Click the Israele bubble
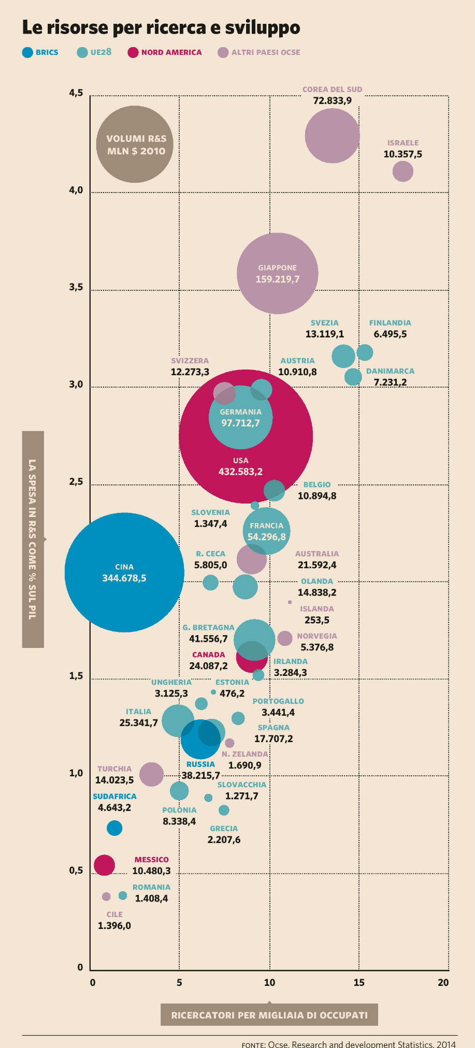point(402,171)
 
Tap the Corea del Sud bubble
point(332,136)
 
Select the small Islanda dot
point(290,602)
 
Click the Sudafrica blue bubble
point(114,828)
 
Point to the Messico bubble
point(104,865)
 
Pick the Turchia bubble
point(151,774)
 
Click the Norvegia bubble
point(284,638)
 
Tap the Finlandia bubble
point(365,352)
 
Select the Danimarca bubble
point(353,377)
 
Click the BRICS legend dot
point(27,52)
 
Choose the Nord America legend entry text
point(171,52)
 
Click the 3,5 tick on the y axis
point(76,287)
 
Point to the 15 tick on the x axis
point(358,982)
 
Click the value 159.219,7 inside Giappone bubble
point(277,279)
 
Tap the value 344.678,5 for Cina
point(124,578)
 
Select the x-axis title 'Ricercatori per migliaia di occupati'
point(269,1015)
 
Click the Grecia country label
point(224,829)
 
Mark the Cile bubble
point(106,896)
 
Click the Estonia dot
point(213,692)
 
